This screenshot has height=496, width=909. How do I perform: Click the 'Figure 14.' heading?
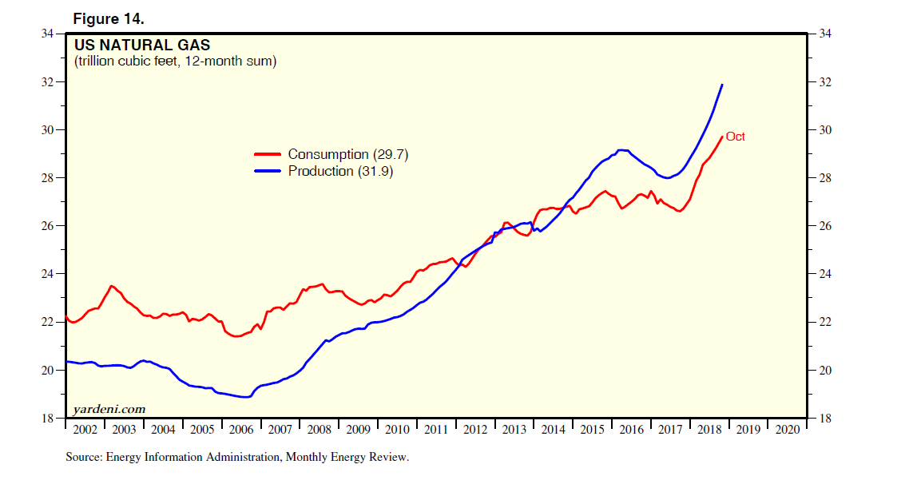tap(109, 18)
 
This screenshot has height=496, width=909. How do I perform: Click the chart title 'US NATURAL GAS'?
tap(142, 45)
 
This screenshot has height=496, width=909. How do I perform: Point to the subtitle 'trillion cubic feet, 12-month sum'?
tap(175, 62)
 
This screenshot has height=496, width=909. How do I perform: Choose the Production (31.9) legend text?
tap(340, 171)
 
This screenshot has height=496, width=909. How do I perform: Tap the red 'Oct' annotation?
tap(735, 137)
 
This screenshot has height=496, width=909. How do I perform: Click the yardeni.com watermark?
tap(109, 409)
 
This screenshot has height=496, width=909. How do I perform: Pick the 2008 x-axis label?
tap(319, 430)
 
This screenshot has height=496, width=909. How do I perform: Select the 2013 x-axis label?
tap(514, 430)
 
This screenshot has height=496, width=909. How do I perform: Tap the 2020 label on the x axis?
tap(787, 430)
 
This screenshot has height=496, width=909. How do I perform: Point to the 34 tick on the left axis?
tap(49, 34)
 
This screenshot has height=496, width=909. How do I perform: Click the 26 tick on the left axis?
tap(49, 226)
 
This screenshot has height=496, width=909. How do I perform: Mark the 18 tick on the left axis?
tap(49, 419)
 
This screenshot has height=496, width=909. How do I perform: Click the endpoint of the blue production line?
tap(722, 85)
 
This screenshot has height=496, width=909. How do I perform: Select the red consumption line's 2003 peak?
tap(111, 286)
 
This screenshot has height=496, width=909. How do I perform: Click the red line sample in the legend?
tap(267, 154)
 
